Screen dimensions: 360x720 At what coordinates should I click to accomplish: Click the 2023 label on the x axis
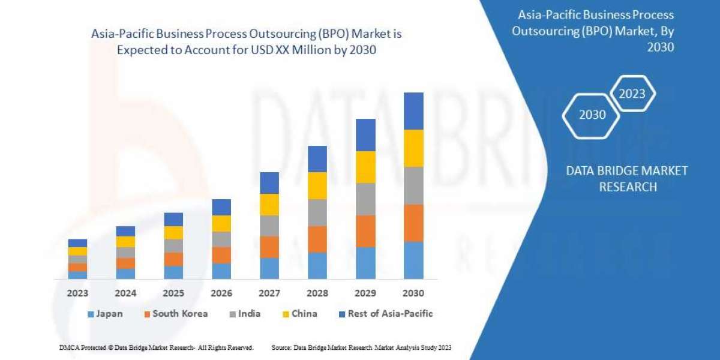[x=77, y=293]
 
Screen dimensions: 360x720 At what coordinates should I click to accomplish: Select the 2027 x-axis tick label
[x=269, y=293]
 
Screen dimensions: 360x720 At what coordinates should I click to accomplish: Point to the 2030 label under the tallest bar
[x=413, y=293]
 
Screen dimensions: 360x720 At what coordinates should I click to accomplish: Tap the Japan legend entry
[x=106, y=314]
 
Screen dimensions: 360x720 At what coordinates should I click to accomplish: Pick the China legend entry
[x=299, y=314]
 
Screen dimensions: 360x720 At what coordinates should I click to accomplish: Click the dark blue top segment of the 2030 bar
[x=413, y=111]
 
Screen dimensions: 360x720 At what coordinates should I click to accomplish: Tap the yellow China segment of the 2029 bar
[x=365, y=167]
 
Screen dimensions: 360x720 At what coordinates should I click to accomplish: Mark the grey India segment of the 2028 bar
[x=317, y=212]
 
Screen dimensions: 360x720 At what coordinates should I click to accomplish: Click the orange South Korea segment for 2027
[x=269, y=247]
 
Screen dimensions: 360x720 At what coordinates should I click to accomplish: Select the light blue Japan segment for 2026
[x=221, y=271]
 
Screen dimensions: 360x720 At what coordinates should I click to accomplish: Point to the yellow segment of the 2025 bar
[x=173, y=233]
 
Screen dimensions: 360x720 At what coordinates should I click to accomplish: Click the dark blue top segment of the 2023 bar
[x=77, y=243]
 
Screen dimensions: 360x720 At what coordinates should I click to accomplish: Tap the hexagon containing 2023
[x=632, y=94]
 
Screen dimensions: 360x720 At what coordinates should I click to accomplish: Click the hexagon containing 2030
[x=592, y=115]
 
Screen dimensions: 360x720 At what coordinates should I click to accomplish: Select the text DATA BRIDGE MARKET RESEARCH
[x=627, y=179]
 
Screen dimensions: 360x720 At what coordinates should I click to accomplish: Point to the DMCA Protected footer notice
[x=156, y=347]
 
